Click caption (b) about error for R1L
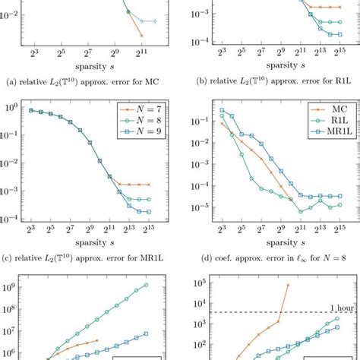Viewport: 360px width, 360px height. click(x=270, y=79)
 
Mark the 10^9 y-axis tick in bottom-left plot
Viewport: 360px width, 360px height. click(x=14, y=288)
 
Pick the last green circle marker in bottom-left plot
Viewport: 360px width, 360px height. click(x=146, y=286)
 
